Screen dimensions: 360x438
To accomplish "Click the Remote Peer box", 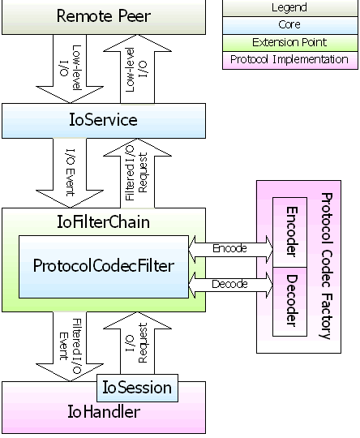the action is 104,17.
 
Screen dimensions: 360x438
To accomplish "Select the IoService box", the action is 104,121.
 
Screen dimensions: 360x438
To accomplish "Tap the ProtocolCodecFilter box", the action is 104,267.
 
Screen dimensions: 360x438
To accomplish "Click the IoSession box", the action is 137,388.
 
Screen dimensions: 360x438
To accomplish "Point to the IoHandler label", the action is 104,412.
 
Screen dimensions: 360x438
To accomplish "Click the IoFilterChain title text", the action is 103,222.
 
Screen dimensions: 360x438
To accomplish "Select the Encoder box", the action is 290,232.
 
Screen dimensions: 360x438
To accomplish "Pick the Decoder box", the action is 290,302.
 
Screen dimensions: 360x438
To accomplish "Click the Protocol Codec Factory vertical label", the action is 326,266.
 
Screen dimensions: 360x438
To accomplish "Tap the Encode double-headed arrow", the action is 231,249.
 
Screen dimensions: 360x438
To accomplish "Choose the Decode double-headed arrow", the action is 231,285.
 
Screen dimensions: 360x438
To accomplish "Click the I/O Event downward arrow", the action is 70,173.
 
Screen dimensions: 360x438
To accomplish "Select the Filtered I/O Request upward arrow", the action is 137,174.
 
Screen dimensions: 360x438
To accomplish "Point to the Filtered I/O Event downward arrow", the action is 70,346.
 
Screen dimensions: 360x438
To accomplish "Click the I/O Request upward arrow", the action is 137,344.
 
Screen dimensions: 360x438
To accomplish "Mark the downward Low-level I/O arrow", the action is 70,69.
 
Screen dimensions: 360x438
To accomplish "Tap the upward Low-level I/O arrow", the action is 137,69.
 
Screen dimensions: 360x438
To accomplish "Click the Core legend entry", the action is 290,25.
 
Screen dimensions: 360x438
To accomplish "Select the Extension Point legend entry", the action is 290,43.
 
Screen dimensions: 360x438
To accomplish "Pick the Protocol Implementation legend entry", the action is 290,60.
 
